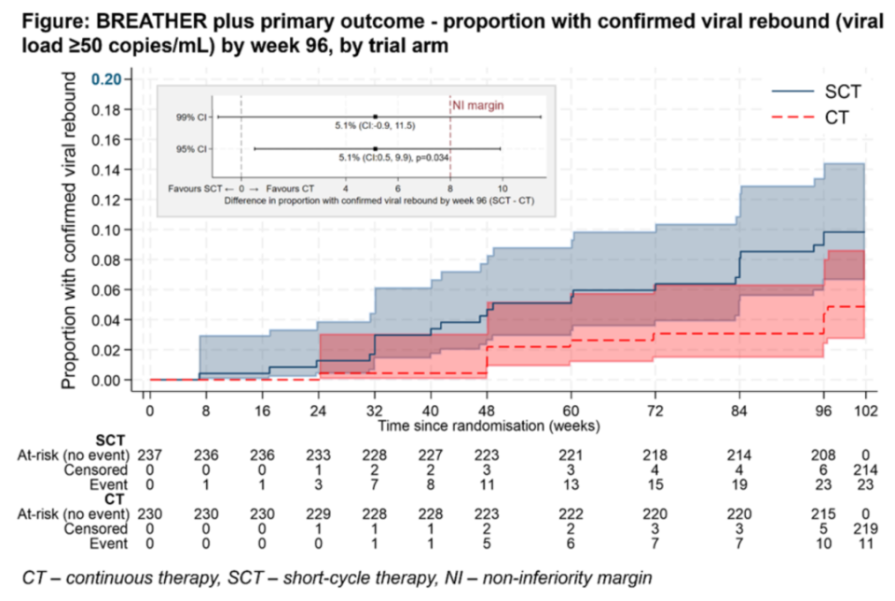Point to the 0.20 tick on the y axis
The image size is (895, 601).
(109, 79)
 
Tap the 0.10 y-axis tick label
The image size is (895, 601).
(109, 230)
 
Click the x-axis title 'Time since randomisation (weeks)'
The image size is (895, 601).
(489, 426)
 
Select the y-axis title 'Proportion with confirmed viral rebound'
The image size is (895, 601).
(69, 233)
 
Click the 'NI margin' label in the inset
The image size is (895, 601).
(478, 105)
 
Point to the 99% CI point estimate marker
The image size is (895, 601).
(375, 117)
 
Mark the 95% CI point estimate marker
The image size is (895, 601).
(375, 148)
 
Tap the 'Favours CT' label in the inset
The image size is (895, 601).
(287, 188)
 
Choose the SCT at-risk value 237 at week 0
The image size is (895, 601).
(149, 454)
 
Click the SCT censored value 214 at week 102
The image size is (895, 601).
(865, 470)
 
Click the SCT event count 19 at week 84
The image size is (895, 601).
(739, 485)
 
